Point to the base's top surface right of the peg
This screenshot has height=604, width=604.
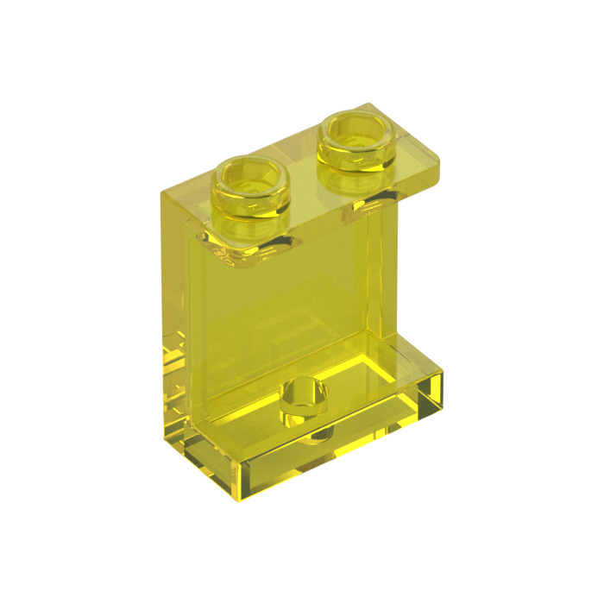tap(380, 384)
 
